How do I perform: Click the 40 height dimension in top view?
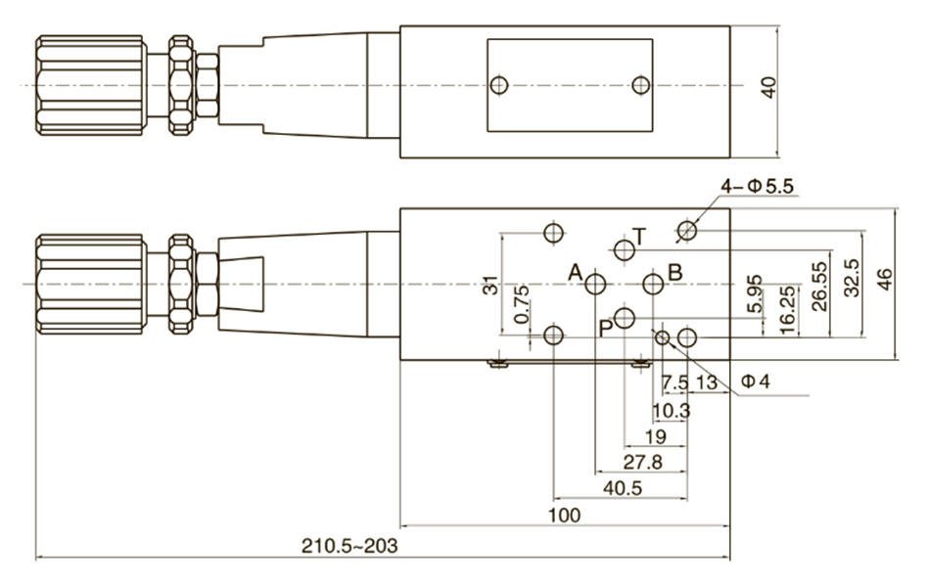[x=769, y=87]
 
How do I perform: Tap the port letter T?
[x=639, y=235]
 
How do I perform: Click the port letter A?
[x=577, y=272]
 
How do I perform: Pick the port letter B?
[x=674, y=272]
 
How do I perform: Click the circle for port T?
[x=625, y=249]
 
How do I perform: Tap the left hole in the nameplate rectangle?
[x=500, y=86]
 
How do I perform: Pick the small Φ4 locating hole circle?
[x=663, y=337]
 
